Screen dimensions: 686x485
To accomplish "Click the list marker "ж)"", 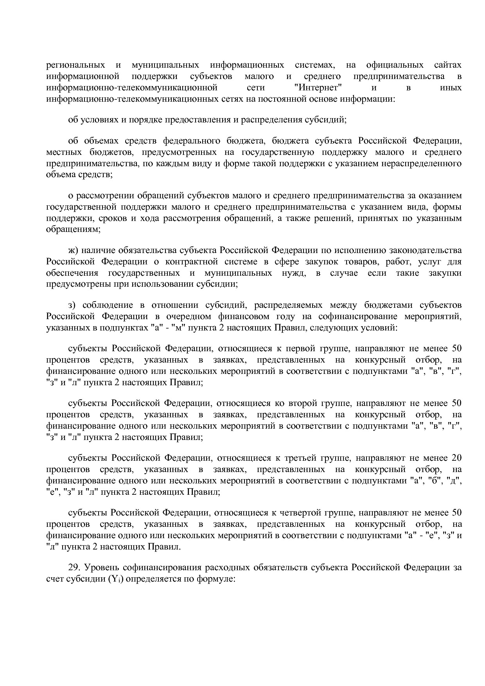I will tap(74, 250).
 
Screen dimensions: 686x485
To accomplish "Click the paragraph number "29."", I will tap(74, 567).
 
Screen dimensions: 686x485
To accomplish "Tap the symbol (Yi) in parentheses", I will tap(117, 579).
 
